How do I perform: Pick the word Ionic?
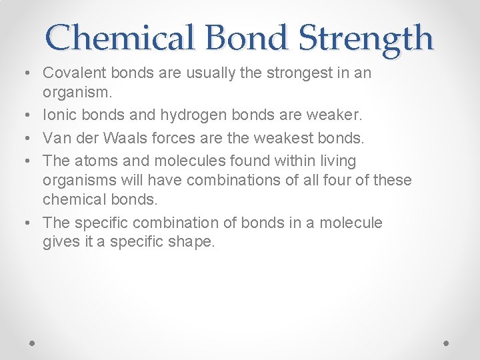point(59,115)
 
